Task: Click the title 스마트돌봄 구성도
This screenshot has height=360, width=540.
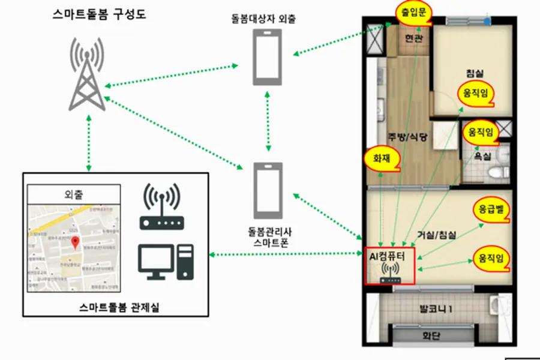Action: tap(100, 13)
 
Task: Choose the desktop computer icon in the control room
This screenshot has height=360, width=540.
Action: tap(166, 262)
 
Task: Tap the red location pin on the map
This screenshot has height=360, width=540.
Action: tap(75, 242)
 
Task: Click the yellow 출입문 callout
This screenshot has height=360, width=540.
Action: tap(414, 13)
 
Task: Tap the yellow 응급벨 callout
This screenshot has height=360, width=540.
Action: tap(491, 210)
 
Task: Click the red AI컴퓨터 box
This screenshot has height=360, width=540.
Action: tap(389, 265)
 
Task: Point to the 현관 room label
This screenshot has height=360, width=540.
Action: tap(413, 38)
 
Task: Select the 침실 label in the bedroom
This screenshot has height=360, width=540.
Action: tap(474, 73)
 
